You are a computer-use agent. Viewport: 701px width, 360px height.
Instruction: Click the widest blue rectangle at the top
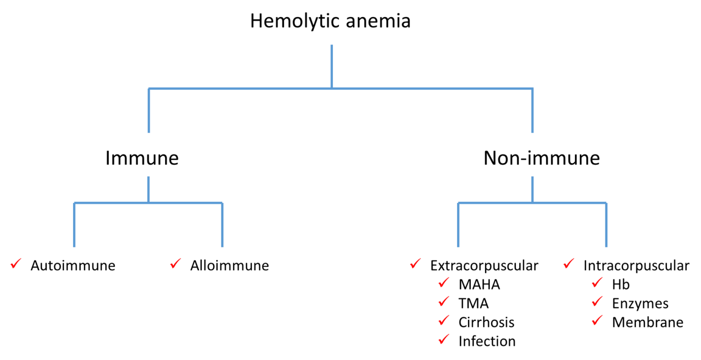[340, 110]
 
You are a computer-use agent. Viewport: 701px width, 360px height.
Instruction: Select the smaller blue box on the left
[148, 224]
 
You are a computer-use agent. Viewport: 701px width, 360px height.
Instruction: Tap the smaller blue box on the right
[532, 224]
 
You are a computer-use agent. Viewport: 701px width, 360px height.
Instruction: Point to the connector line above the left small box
[148, 189]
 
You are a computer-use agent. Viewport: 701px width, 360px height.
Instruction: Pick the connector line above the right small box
[532, 189]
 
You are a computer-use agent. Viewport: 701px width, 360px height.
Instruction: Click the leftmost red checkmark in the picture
[15, 264]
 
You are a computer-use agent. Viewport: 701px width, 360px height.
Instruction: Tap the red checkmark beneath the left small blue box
[175, 264]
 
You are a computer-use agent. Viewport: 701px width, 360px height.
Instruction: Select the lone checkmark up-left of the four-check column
[415, 264]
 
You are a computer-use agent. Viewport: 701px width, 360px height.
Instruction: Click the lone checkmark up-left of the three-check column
[568, 264]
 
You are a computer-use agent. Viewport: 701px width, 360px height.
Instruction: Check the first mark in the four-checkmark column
[443, 284]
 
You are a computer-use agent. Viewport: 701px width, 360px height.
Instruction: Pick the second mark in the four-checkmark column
[443, 302]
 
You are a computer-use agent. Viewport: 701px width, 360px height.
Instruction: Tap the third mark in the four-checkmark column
[443, 320]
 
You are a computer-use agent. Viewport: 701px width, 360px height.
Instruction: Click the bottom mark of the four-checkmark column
[443, 340]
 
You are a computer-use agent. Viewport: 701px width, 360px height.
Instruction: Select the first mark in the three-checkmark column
[596, 284]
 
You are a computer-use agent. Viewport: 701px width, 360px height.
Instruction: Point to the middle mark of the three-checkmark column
[596, 302]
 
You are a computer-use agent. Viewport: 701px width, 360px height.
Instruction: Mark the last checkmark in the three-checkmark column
[596, 320]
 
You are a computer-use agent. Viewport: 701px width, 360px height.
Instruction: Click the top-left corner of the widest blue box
[148, 88]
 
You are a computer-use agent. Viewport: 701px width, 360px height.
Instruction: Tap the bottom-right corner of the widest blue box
[533, 132]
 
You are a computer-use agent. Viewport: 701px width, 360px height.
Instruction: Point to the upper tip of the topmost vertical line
[331, 46]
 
